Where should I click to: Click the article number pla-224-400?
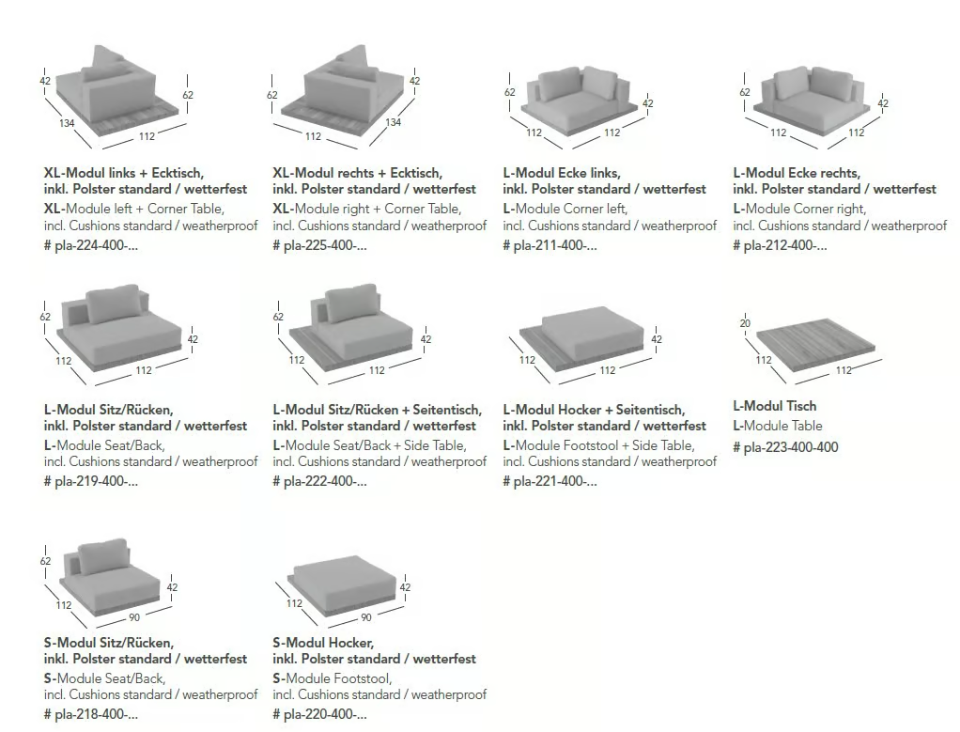90,245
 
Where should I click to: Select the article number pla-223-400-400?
785,447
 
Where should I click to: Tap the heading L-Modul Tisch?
775,406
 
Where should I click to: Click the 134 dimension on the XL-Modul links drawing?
67,123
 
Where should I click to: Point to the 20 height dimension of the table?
745,323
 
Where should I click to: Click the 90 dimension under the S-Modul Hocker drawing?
366,617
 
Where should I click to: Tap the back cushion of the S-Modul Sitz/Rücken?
103,557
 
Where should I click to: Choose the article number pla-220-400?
319,714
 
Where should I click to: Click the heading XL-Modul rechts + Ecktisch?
358,173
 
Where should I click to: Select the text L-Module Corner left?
565,209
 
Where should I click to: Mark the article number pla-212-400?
780,245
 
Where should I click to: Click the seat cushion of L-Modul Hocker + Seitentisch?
594,331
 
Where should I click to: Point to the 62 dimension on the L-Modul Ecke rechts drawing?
745,92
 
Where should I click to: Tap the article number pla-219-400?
90,481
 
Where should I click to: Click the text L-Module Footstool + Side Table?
598,445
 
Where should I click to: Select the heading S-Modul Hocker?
323,643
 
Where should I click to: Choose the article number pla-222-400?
319,481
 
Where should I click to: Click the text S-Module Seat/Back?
104,678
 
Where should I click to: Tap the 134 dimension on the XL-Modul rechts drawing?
393,122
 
